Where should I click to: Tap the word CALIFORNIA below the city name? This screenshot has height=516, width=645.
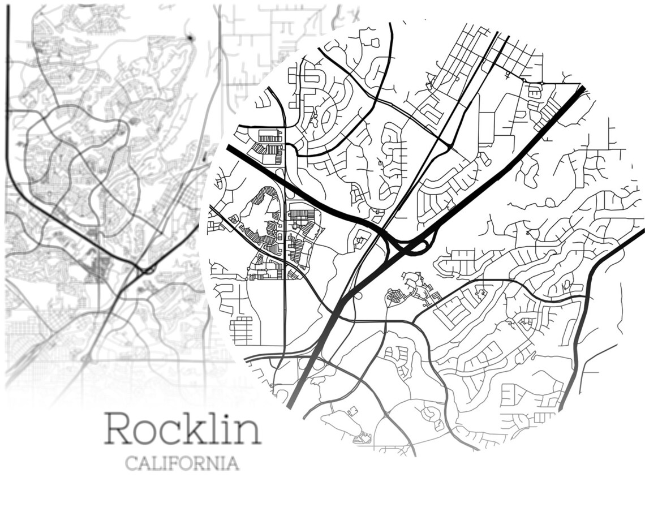[182, 464]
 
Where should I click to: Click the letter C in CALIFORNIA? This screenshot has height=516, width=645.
[131, 464]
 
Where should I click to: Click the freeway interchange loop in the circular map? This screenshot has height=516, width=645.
[419, 246]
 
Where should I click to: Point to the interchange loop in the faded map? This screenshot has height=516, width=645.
[148, 270]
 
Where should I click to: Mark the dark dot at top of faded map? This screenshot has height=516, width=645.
[190, 38]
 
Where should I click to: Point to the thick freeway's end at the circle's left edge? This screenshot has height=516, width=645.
[230, 148]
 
